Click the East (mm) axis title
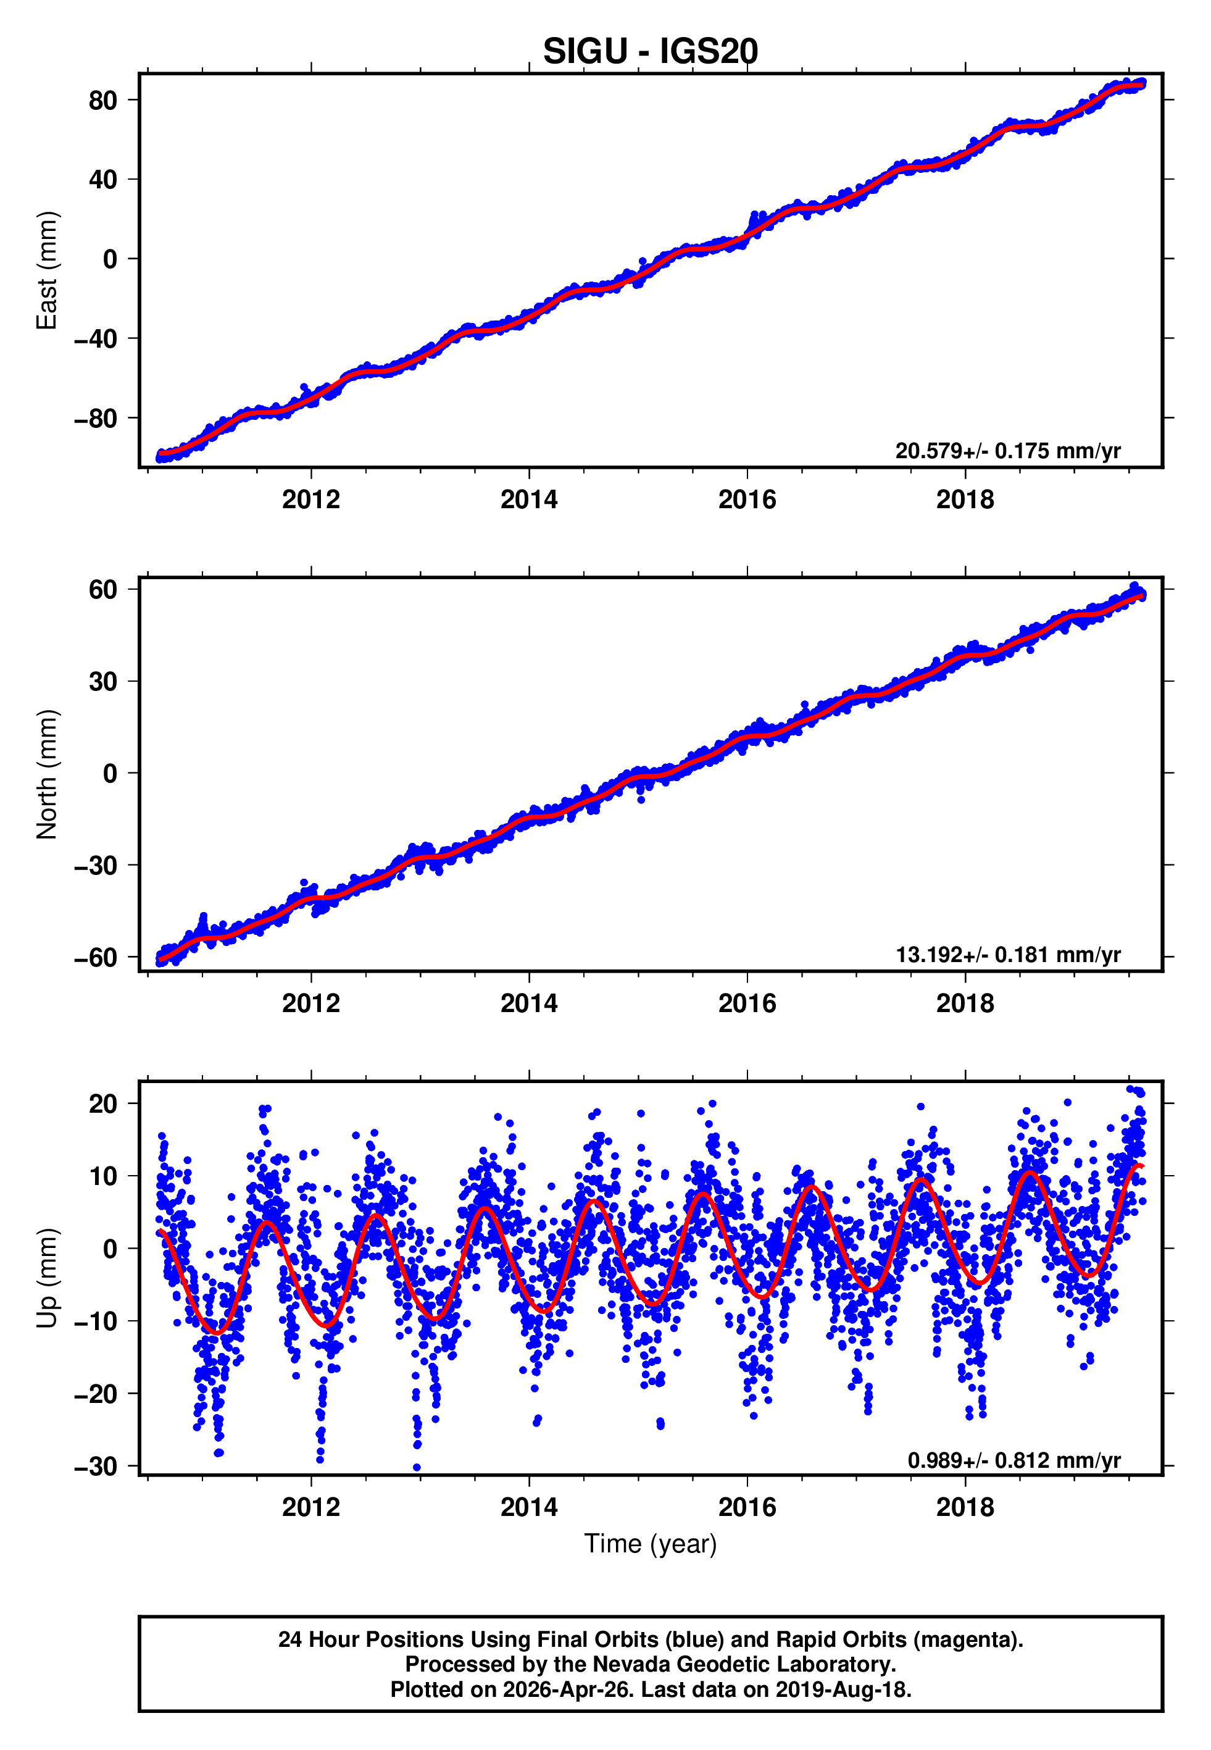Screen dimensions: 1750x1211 47,271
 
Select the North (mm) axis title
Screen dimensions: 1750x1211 47,774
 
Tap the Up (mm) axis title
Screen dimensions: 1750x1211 47,1279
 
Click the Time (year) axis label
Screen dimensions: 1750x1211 651,1544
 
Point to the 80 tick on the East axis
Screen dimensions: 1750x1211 102,100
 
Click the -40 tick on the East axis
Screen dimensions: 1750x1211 96,338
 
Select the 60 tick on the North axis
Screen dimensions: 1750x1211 102,590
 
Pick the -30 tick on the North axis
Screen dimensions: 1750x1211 96,865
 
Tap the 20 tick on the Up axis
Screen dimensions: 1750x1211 102,1104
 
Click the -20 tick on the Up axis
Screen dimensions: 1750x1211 96,1395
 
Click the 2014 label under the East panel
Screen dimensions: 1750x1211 529,500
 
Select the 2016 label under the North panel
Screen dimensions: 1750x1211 747,1004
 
